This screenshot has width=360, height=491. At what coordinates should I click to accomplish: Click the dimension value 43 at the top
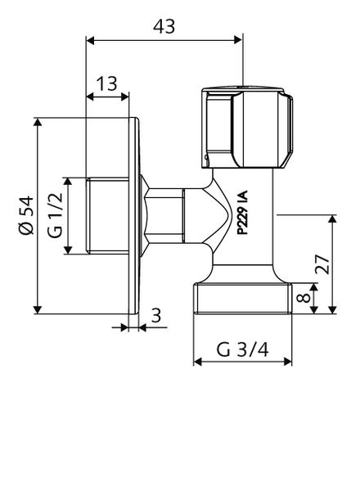[x=164, y=26]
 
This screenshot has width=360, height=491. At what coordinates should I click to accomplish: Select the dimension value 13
[x=106, y=83]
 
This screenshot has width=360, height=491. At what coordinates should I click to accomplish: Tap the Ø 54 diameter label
[x=25, y=215]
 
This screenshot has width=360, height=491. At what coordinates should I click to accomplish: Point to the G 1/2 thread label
[x=56, y=215]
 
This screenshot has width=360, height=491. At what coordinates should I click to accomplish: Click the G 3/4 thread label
[x=243, y=349]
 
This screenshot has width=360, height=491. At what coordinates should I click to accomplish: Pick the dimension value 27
[x=322, y=264]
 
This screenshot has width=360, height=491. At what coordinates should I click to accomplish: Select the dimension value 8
[x=304, y=298]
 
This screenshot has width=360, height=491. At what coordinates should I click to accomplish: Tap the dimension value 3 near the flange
[x=156, y=316]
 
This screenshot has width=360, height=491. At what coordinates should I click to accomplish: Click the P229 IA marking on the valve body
[x=242, y=212]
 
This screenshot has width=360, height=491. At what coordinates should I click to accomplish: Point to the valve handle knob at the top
[x=247, y=128]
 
